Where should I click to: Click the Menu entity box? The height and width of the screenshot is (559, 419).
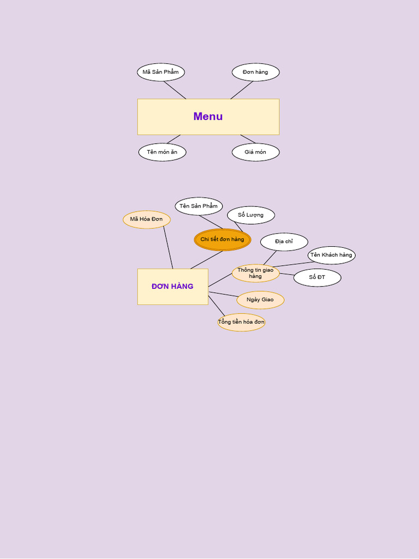[x=208, y=116]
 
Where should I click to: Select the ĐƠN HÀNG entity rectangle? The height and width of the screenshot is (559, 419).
[x=172, y=286]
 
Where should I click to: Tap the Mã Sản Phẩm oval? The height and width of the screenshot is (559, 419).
[x=160, y=72]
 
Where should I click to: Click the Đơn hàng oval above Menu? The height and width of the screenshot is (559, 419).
[x=255, y=72]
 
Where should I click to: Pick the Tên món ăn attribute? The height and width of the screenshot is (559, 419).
[x=162, y=152]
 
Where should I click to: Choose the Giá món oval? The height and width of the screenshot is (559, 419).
[x=255, y=152]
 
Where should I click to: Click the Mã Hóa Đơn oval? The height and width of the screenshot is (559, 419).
[x=146, y=219]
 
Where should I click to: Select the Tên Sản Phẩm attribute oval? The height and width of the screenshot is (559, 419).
[x=199, y=206]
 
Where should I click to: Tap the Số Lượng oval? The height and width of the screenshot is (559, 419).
[x=250, y=215]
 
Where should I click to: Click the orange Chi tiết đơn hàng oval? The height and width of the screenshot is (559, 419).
[x=222, y=240]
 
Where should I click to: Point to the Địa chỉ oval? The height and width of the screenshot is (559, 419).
[x=284, y=242]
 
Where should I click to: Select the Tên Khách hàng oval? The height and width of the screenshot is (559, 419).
[x=331, y=255]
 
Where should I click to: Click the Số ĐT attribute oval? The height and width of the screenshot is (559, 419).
[x=317, y=277]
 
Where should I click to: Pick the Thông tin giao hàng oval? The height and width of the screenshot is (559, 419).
[x=255, y=273]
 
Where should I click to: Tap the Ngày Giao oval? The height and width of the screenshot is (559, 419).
[x=260, y=300]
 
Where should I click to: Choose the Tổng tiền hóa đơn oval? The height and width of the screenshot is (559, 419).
[x=241, y=322]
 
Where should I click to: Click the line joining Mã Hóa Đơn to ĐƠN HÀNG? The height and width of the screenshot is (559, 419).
[x=168, y=247]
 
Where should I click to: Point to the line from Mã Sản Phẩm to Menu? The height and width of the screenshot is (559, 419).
[x=175, y=90]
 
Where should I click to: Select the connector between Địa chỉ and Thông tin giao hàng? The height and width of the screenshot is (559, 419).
[x=270, y=258]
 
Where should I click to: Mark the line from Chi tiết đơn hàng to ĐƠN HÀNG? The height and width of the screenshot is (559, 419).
[x=206, y=260]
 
